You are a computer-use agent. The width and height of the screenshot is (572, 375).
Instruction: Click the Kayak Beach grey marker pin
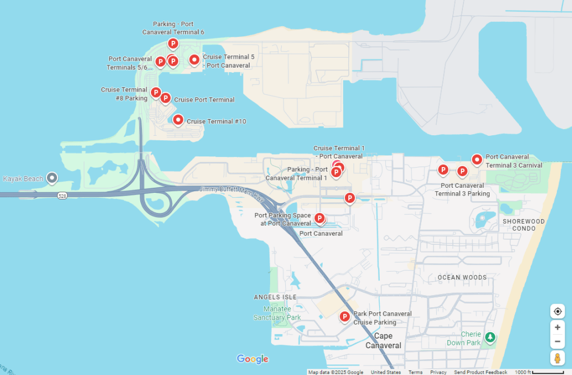pyautogui.click(x=52, y=178)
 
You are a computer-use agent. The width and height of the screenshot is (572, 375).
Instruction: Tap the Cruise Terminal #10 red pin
pyautogui.click(x=178, y=120)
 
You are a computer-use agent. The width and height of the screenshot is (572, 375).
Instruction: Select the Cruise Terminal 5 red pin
pyautogui.click(x=194, y=59)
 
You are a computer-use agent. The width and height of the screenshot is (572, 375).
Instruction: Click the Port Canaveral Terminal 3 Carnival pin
pyautogui.click(x=477, y=160)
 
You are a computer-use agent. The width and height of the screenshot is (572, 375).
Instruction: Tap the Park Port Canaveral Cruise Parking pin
pyautogui.click(x=345, y=317)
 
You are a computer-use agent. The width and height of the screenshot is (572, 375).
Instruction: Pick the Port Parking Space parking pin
pyautogui.click(x=319, y=218)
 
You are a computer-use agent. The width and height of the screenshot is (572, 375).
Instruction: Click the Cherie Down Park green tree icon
pyautogui.click(x=490, y=337)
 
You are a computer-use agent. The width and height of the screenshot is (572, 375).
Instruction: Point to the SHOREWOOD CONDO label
pyautogui.click(x=523, y=225)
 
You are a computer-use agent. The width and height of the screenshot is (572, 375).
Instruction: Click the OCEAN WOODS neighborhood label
pyautogui.click(x=462, y=277)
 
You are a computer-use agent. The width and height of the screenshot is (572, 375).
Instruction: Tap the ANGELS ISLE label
pyautogui.click(x=275, y=297)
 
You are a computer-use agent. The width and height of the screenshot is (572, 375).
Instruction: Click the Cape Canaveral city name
pyautogui.click(x=383, y=340)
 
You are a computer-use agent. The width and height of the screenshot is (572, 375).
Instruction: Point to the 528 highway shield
pyautogui.click(x=62, y=196)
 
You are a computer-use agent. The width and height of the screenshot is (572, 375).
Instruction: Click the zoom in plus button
pyautogui.click(x=557, y=327)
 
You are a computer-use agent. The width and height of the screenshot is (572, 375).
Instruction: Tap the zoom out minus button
pyautogui.click(x=557, y=341)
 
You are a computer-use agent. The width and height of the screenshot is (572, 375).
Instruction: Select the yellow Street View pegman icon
pyautogui.click(x=557, y=358)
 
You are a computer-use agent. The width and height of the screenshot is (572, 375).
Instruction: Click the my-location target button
pyautogui.click(x=557, y=311)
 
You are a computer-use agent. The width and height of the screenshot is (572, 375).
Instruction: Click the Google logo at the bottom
pyautogui.click(x=253, y=359)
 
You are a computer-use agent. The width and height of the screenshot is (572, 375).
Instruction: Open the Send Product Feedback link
pyautogui.click(x=480, y=372)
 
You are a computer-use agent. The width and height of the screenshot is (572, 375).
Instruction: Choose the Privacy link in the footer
pyautogui.click(x=438, y=372)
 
